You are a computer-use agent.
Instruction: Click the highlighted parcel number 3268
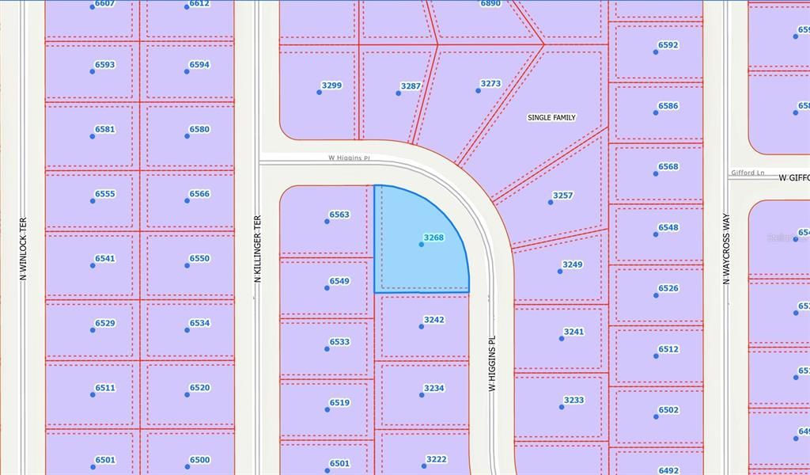click(433, 237)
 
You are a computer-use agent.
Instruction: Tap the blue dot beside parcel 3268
click(421, 244)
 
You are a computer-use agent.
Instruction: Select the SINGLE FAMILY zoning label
click(551, 118)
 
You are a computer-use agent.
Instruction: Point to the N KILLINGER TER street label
click(257, 250)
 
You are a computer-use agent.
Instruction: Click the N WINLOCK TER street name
click(23, 249)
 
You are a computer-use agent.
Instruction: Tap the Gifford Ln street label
click(748, 173)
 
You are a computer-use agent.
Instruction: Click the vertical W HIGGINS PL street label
click(491, 363)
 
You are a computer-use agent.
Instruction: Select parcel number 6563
click(339, 215)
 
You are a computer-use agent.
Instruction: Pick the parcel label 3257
click(562, 196)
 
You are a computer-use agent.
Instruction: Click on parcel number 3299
click(331, 85)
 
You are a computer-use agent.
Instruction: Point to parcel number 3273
click(490, 83)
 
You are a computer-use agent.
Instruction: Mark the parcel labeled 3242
click(434, 320)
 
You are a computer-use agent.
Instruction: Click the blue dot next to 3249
click(560, 271)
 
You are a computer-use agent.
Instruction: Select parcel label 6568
click(668, 167)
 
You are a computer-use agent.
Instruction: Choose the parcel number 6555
click(104, 194)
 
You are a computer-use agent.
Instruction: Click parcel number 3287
click(411, 86)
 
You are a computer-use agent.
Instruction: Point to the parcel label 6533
click(339, 342)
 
